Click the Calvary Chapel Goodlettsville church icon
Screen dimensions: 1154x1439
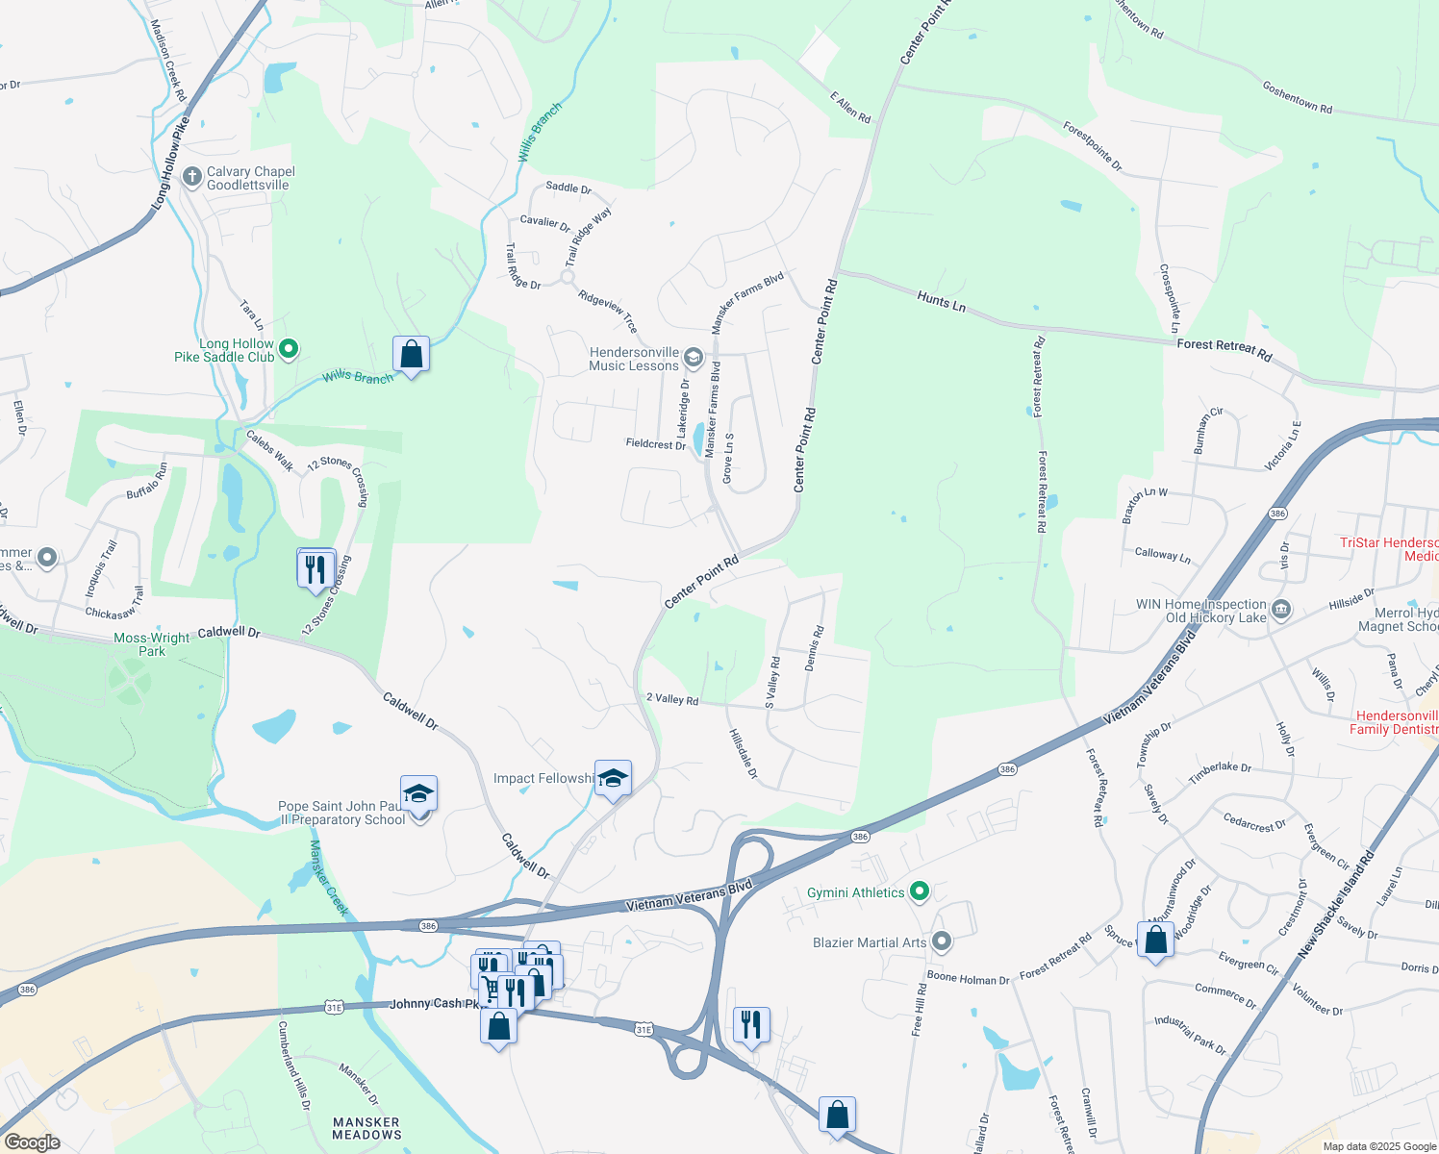point(192,178)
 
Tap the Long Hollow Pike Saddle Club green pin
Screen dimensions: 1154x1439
point(289,349)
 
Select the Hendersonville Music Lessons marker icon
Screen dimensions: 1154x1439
point(693,360)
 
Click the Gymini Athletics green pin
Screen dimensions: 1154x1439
point(919,892)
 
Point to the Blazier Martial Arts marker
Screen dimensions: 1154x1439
point(942,941)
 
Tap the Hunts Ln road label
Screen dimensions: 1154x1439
point(941,301)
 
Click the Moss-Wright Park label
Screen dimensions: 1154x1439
point(152,644)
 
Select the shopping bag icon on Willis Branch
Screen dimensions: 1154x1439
point(411,355)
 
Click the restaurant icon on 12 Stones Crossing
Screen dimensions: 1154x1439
point(316,569)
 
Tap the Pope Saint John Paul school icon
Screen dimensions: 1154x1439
point(418,795)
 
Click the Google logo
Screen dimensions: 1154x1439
point(32,1142)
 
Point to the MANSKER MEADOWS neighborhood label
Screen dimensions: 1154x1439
point(366,1128)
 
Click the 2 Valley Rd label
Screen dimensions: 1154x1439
point(672,698)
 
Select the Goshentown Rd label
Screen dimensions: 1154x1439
point(1297,97)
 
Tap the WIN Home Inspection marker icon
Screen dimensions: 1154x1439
point(1280,610)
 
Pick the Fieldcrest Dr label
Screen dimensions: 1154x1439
point(656,443)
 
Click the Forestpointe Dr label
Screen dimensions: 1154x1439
point(1092,146)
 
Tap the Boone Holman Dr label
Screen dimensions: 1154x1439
point(968,979)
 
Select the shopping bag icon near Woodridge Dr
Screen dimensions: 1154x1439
point(1155,939)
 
